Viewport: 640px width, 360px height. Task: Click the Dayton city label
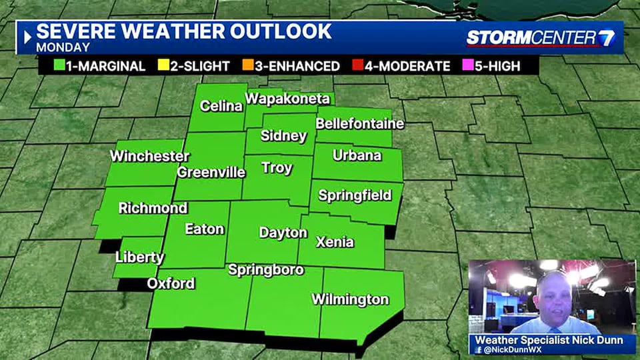tap(283, 233)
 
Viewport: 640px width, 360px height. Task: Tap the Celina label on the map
tap(221, 106)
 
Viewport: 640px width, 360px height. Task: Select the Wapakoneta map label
tap(287, 99)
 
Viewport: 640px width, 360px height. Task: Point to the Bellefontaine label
tap(359, 123)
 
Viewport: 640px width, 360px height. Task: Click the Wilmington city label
tap(350, 299)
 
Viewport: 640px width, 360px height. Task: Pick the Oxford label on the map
tap(171, 283)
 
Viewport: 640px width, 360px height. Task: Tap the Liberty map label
tap(139, 257)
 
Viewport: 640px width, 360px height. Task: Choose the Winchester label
tap(149, 157)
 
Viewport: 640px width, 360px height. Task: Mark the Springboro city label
tap(266, 270)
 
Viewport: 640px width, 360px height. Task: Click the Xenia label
tap(335, 242)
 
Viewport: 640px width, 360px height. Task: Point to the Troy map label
tap(277, 168)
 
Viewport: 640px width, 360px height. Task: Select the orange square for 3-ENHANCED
tap(247, 66)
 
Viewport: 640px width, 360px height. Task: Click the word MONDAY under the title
tap(63, 47)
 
